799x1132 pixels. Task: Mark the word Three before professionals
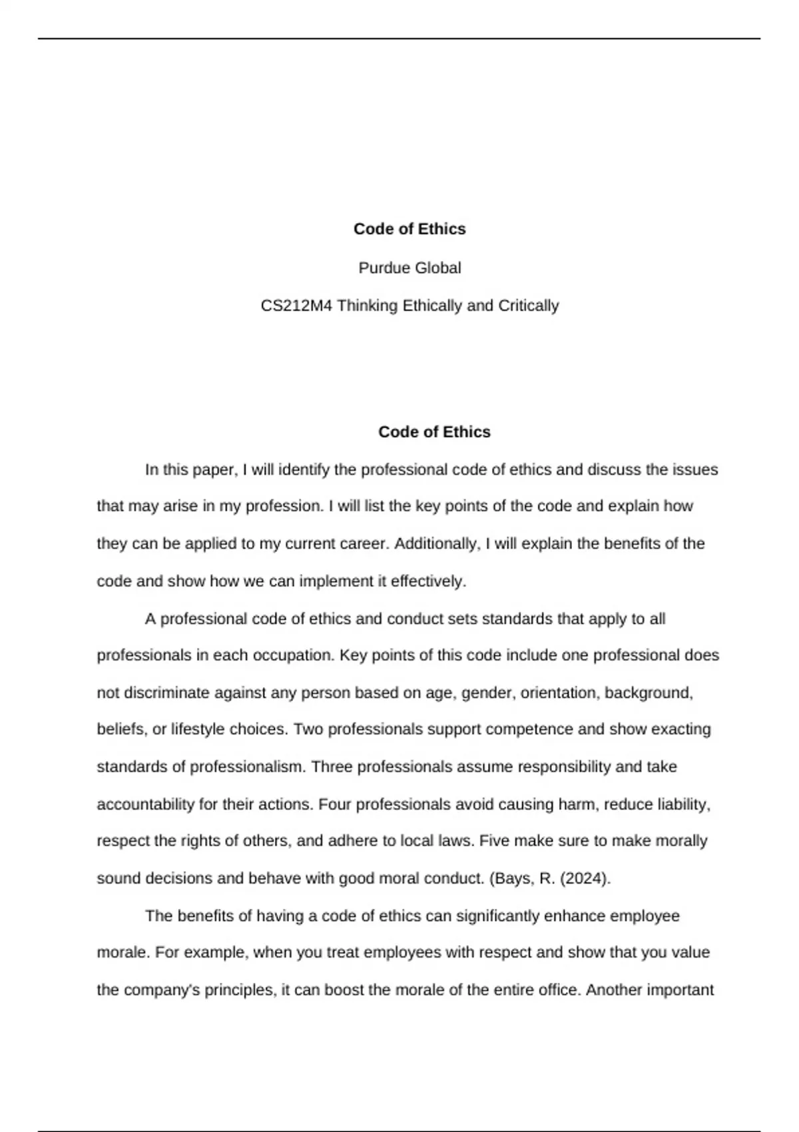point(332,767)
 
